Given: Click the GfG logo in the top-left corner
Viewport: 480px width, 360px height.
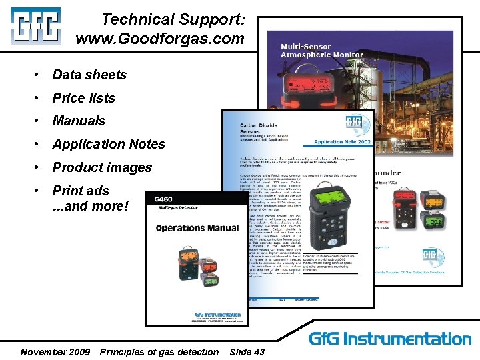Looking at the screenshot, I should click(x=35, y=26).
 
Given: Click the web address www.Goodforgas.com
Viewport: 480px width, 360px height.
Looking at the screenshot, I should click(x=160, y=39).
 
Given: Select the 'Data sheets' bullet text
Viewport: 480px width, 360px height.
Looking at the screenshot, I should click(x=89, y=75).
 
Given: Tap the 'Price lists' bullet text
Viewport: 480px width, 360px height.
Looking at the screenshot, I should click(x=84, y=98).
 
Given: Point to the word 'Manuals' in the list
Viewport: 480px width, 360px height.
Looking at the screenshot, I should click(x=79, y=121).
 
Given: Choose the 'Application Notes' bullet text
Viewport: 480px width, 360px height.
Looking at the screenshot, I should click(x=109, y=144).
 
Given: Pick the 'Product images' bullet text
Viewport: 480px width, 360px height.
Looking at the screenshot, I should click(x=102, y=167).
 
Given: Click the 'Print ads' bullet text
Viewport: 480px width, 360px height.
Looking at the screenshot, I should click(x=81, y=191).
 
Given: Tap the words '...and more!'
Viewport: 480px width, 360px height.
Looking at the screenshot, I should click(x=90, y=206).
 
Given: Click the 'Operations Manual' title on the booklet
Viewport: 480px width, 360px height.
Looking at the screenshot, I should click(x=197, y=228).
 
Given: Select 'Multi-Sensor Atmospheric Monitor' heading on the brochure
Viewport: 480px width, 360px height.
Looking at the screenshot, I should click(x=322, y=51).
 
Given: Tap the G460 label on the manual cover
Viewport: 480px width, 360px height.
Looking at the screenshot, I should click(x=163, y=200).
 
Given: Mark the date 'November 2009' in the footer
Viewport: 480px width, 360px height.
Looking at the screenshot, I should click(x=55, y=351).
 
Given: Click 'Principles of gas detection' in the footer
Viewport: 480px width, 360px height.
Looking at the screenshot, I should click(x=159, y=351).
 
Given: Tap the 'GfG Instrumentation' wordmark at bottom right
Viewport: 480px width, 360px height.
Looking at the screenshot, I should click(x=390, y=339).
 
